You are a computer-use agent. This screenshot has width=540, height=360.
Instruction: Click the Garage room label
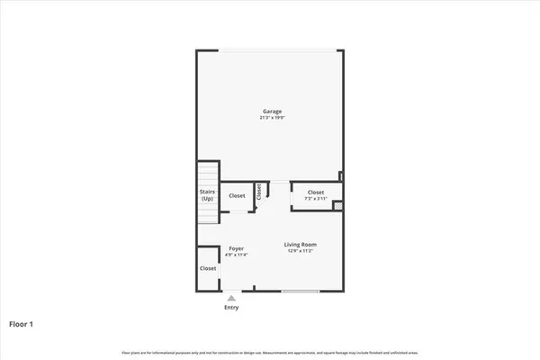coord(271,112)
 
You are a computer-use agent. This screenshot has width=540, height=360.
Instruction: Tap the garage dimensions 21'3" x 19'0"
coord(271,118)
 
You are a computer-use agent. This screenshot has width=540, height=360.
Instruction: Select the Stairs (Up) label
coord(208,194)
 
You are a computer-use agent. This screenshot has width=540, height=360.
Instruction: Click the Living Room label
coord(301,244)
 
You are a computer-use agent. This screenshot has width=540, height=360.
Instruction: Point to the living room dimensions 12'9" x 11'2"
coord(301,250)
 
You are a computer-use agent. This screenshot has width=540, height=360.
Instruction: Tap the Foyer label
coord(236,248)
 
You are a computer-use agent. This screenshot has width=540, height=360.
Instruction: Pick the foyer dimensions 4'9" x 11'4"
coord(236,255)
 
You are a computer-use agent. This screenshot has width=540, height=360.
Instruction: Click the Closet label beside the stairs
coord(237,195)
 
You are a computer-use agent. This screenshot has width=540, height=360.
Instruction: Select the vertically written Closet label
coord(259,192)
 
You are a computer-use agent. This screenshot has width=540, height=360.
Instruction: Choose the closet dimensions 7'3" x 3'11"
coord(316,198)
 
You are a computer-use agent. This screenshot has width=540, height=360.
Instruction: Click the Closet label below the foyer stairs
coord(208,268)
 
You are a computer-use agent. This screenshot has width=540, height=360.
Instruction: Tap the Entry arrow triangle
coord(231,297)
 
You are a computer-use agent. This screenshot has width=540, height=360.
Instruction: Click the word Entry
coord(231,308)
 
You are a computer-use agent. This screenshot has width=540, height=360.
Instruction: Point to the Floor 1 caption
coord(22,324)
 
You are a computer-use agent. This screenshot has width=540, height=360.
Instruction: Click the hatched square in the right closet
coord(337,206)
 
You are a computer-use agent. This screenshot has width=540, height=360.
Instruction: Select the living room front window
coord(300,291)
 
